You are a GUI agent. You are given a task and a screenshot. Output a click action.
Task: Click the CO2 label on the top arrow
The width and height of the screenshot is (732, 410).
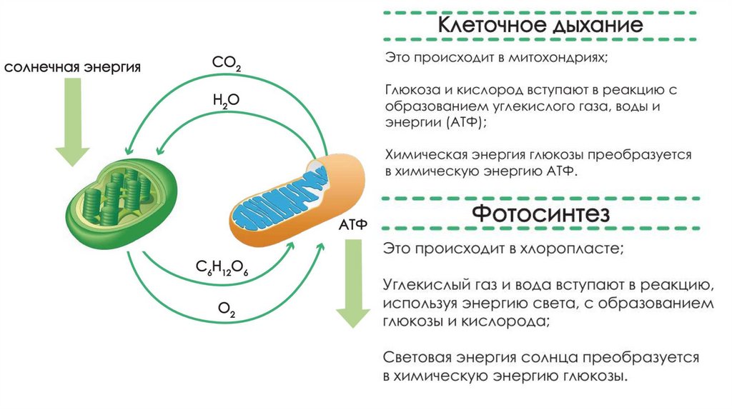226,65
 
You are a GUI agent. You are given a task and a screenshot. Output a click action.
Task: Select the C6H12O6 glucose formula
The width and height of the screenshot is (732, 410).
222,269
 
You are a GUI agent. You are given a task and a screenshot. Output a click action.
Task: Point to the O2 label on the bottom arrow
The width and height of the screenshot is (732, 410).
227,310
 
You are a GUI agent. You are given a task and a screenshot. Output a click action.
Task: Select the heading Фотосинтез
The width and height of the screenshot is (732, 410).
540,214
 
